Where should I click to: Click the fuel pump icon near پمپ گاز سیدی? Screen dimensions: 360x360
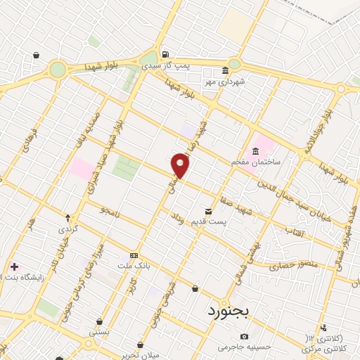pos(165,54)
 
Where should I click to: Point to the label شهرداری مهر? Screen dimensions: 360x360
pos(224,82)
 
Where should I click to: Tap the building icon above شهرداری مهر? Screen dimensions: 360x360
pos(224,71)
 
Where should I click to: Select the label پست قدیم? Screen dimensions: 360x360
pos(210,222)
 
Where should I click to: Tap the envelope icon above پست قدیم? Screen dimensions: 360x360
pos(208,211)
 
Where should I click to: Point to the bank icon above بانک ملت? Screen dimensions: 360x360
pos(133,256)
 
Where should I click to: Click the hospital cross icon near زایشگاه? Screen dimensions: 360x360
pos(15,266)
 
